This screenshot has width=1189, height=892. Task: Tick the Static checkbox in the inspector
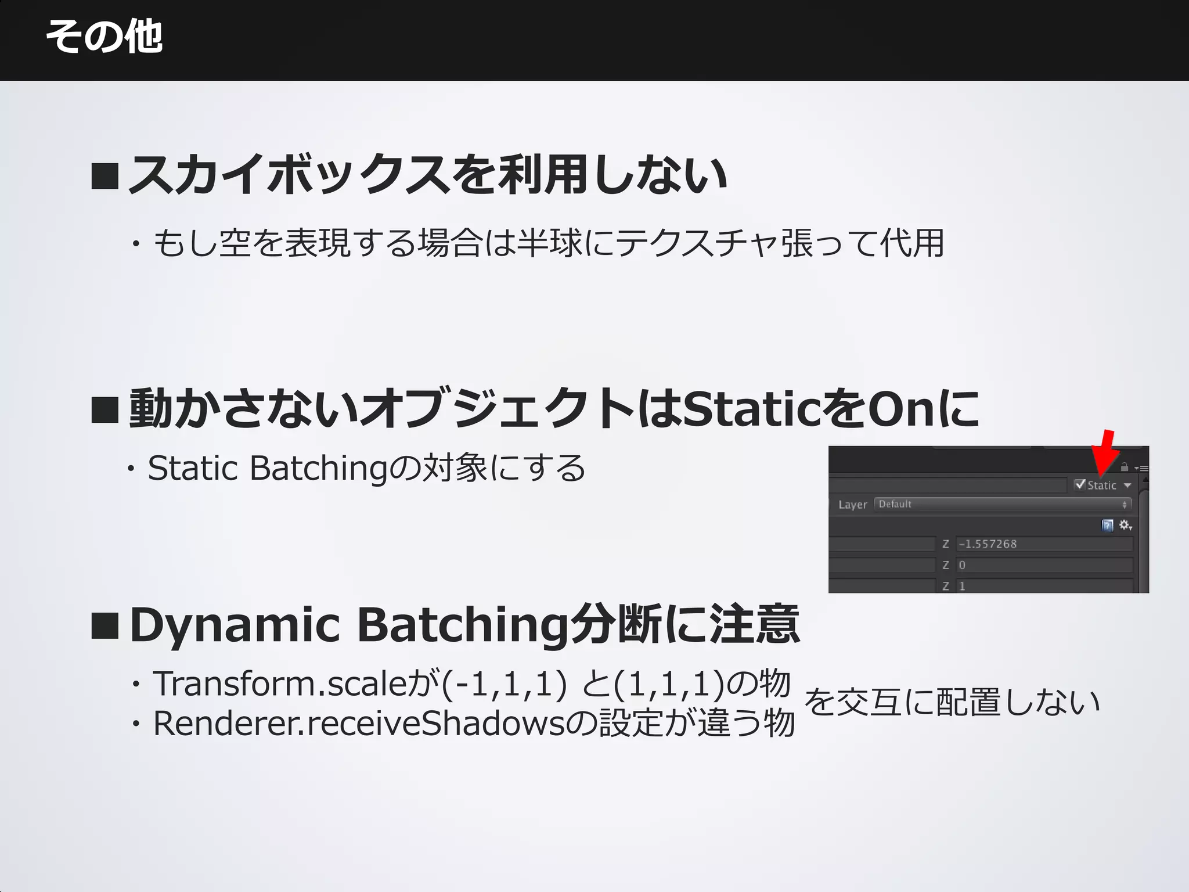[1080, 484]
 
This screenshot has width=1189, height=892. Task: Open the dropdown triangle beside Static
[1127, 485]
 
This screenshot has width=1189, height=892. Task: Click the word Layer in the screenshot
[852, 505]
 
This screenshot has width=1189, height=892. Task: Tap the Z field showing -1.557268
[1044, 544]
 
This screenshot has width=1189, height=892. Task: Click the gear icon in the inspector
[1125, 525]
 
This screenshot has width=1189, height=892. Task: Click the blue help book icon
[1108, 526]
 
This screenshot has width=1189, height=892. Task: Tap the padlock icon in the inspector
[1125, 466]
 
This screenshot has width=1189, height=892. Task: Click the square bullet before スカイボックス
[105, 176]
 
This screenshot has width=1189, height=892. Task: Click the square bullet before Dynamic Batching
[105, 626]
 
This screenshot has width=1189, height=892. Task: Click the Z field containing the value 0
[1044, 565]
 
